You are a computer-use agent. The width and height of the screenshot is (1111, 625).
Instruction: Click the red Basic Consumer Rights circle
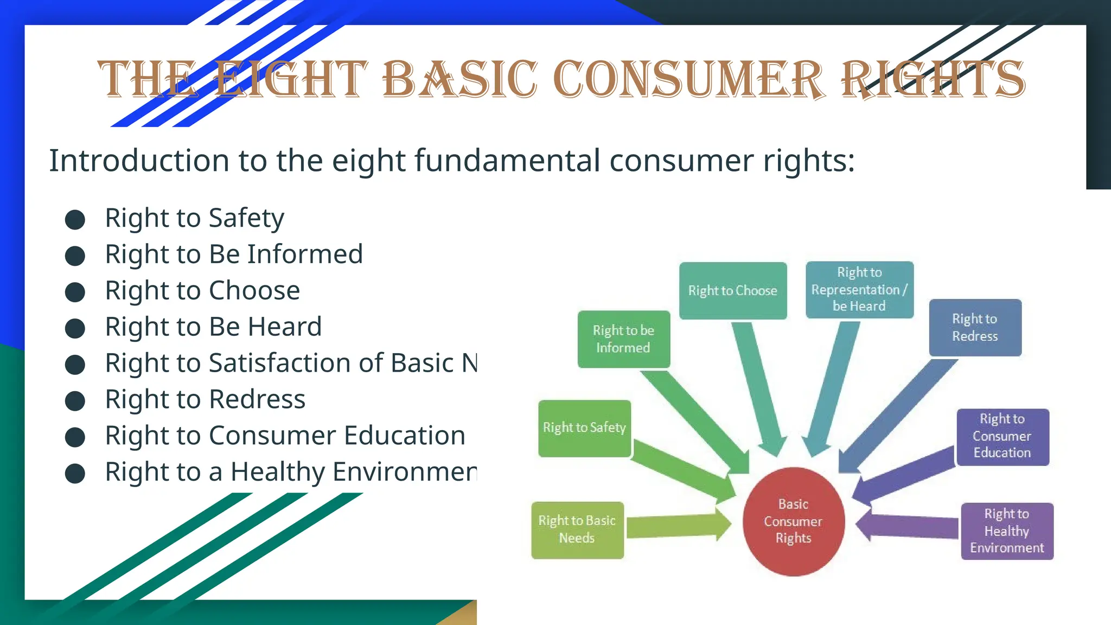pyautogui.click(x=793, y=521)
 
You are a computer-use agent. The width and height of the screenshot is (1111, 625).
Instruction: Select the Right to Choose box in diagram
pyautogui.click(x=733, y=291)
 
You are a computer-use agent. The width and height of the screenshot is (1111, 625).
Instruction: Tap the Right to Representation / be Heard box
pyautogui.click(x=859, y=290)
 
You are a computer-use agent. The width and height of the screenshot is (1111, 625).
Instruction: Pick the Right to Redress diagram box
pyautogui.click(x=975, y=328)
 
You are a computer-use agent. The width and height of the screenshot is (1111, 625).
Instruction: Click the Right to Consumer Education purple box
pyautogui.click(x=1003, y=437)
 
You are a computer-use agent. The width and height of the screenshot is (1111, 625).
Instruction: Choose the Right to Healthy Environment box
pyautogui.click(x=1007, y=531)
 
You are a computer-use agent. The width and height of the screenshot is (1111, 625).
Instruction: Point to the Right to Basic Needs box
pyautogui.click(x=577, y=530)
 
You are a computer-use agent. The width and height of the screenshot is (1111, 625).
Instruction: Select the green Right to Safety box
pyautogui.click(x=584, y=428)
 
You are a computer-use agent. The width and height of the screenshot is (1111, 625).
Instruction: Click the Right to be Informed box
pyautogui.click(x=623, y=339)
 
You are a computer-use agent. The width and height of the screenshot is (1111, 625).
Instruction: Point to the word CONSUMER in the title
pyautogui.click(x=689, y=80)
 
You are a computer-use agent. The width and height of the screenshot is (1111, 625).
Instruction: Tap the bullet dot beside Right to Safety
pyautogui.click(x=75, y=220)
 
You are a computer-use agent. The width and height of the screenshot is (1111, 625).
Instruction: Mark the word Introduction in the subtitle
pyautogui.click(x=139, y=161)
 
